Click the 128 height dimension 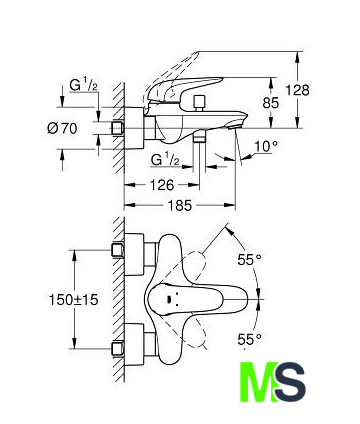pos(298,90)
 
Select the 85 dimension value pos(270,103)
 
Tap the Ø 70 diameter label pos(62,128)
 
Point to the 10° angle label pos(266,146)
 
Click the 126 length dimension pos(161,185)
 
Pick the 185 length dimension pos(179,205)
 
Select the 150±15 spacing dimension pos(74,300)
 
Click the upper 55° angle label pos(249,259)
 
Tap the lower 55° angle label pos(249,340)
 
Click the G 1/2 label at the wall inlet pos(84,85)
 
